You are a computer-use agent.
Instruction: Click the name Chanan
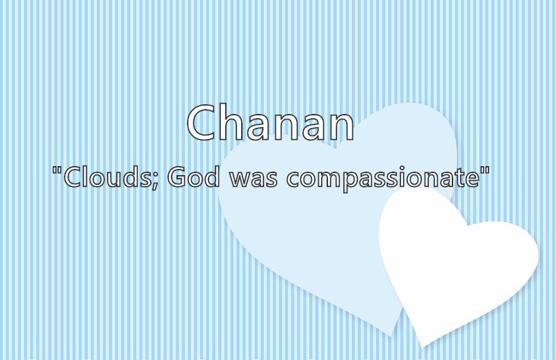point(270,122)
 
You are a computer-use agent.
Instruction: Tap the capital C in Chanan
point(202,122)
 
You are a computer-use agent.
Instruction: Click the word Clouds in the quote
point(107,177)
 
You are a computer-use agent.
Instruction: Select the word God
point(193,177)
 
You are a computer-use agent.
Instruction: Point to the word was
point(254,179)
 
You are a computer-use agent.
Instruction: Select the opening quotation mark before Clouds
point(57,170)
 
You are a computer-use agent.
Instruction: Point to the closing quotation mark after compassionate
point(485,170)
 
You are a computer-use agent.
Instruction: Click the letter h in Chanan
point(234,122)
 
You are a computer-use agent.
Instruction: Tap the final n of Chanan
point(341,127)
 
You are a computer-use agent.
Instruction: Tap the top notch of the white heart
point(467,225)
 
